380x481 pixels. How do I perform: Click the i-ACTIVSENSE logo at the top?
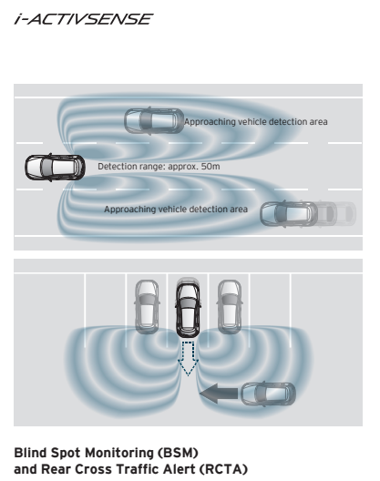tap(84, 19)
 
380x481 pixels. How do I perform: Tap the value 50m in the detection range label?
tap(211, 167)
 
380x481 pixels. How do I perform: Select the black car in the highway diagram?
tap(55, 168)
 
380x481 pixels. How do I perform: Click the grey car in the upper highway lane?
tap(154, 120)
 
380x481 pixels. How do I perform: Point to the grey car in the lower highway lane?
tap(289, 214)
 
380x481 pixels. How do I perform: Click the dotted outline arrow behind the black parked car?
tap(188, 358)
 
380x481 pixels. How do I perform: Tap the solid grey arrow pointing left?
tap(219, 394)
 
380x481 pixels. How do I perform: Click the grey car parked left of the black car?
tap(147, 307)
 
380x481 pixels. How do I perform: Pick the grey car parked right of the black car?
tap(230, 307)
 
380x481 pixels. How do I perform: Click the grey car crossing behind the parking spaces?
tap(268, 394)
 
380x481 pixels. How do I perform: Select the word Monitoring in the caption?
tap(119, 454)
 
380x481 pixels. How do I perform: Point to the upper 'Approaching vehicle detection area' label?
tap(256, 122)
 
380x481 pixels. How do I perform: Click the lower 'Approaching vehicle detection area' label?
tap(176, 210)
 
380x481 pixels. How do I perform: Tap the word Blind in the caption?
tap(30, 453)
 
